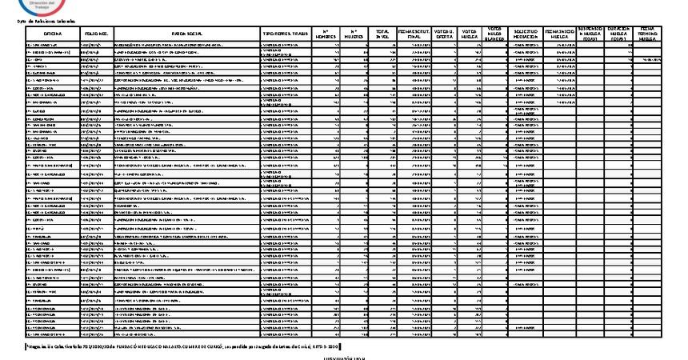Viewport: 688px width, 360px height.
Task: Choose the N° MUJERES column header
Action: (354, 34)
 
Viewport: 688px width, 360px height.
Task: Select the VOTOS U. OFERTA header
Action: (444, 34)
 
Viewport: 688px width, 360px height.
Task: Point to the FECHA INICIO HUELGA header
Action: (558, 34)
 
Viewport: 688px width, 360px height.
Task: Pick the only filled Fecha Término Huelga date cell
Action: (649, 58)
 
